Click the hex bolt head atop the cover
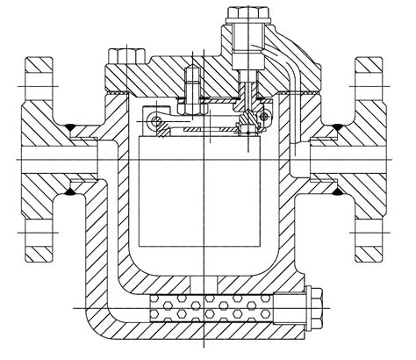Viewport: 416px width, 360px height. (x=240, y=18)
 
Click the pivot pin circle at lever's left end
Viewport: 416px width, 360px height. (x=155, y=119)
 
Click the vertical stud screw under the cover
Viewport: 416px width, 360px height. (x=192, y=88)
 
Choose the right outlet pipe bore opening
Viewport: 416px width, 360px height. (x=360, y=162)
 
